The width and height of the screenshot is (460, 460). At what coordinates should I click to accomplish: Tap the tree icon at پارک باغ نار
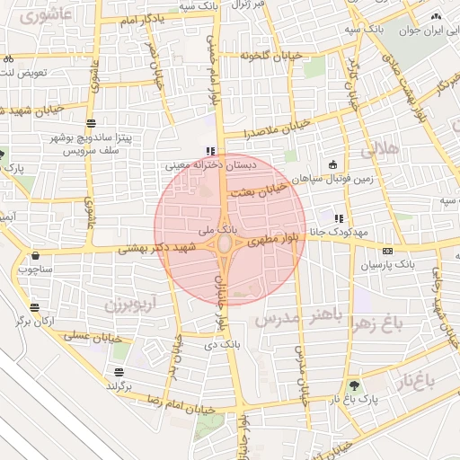pyautogui.click(x=354, y=384)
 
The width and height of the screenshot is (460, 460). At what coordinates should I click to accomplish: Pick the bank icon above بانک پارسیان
pyautogui.click(x=387, y=252)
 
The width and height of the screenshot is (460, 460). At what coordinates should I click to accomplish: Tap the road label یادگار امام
pyautogui.click(x=132, y=18)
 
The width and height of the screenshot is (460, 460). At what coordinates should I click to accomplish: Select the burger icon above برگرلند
pyautogui.click(x=119, y=372)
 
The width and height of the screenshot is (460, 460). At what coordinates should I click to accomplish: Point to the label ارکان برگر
pyautogui.click(x=37, y=321)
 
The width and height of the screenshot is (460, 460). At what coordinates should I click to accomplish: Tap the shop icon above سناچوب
pyautogui.click(x=35, y=255)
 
